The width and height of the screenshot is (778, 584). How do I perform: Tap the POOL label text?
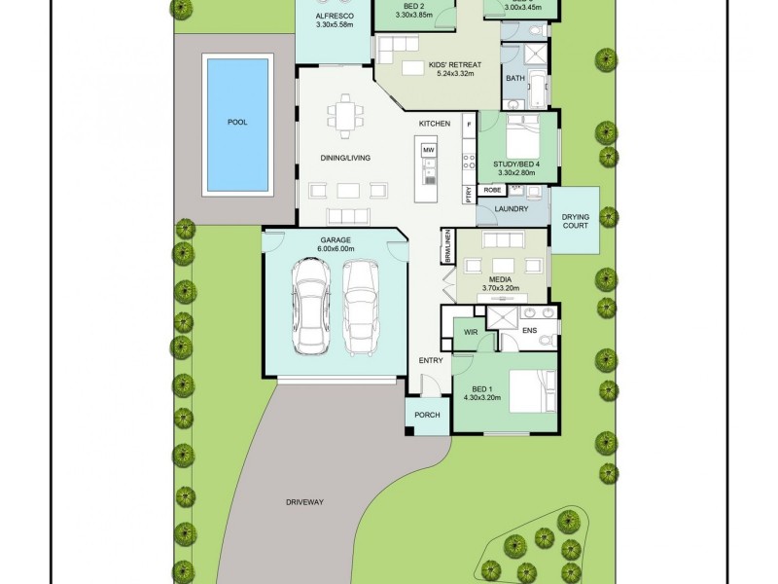236,123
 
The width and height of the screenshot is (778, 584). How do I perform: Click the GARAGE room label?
336,239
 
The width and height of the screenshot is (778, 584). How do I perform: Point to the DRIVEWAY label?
304,502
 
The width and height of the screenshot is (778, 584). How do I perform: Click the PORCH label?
427,415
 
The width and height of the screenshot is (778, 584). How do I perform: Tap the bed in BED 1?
529,392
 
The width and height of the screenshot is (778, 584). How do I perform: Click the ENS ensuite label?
529,332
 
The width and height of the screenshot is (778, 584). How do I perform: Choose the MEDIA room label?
501,279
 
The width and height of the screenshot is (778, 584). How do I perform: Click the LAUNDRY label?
511,209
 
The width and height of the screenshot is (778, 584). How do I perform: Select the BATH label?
514,78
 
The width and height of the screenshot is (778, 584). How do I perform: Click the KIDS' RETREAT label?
455,65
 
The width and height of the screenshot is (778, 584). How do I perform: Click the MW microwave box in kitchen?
428,150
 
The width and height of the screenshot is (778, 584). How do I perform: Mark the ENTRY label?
431,361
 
